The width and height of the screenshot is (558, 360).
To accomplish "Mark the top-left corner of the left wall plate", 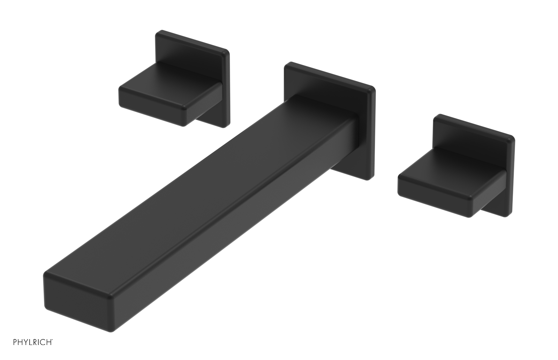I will [x=158, y=33].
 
